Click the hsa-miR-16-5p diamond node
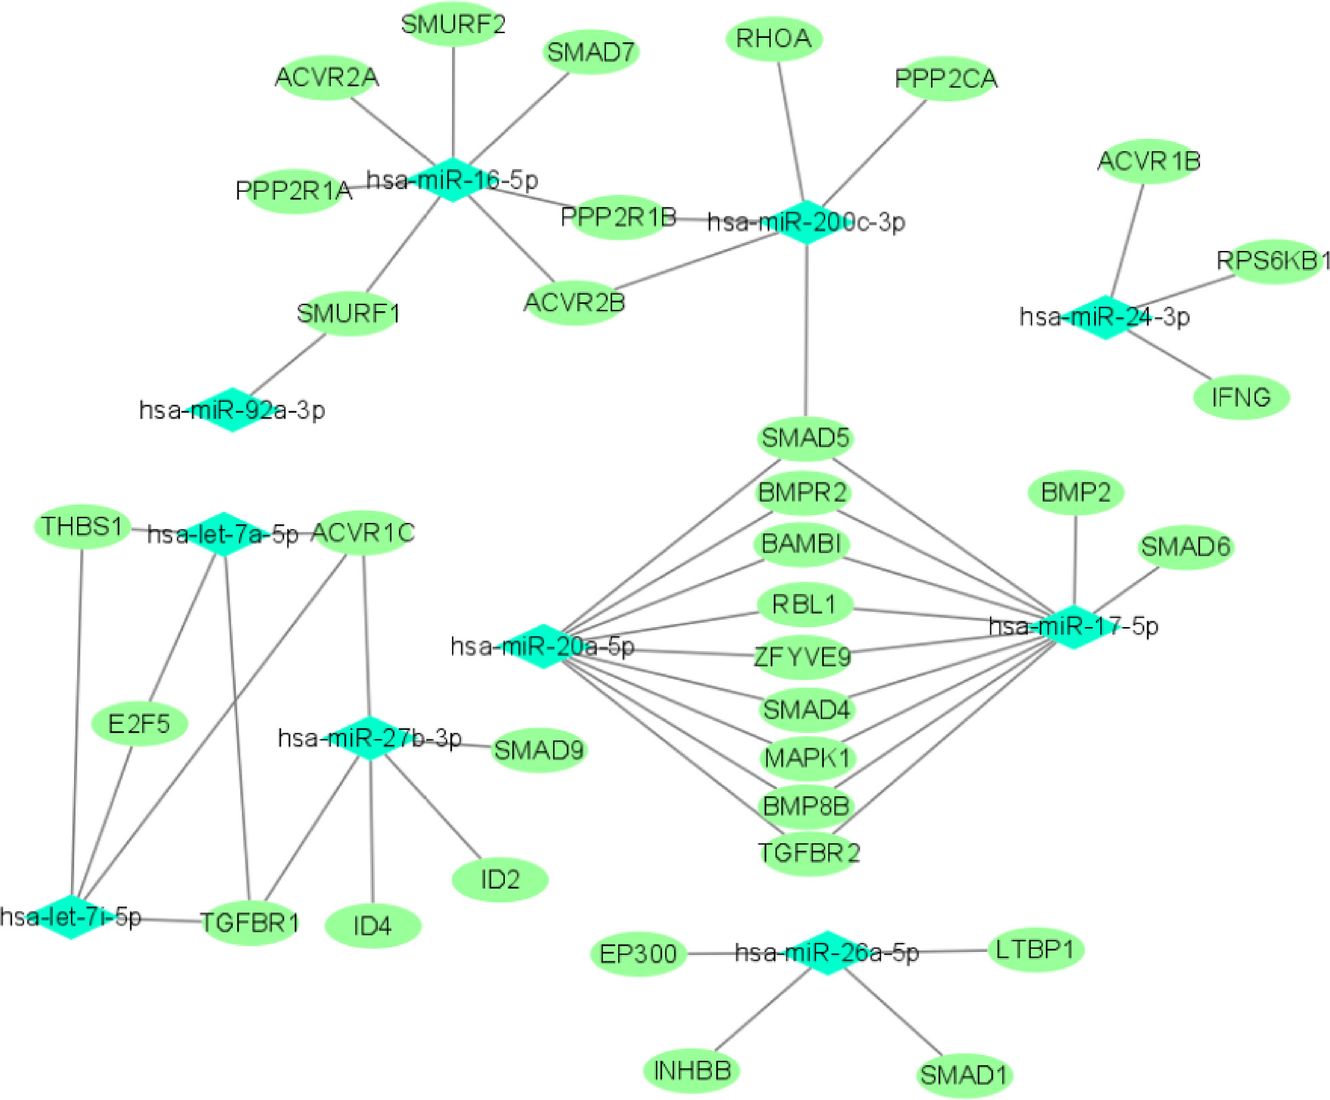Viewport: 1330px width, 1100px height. pyautogui.click(x=453, y=180)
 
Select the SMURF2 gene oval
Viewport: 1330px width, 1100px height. pyautogui.click(x=453, y=25)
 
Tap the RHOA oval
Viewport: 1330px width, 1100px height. pyautogui.click(x=773, y=39)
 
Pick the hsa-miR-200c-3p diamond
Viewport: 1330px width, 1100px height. pyautogui.click(x=806, y=222)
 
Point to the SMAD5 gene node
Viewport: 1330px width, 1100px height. pyautogui.click(x=804, y=438)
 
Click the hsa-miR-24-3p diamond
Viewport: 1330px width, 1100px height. pyautogui.click(x=1105, y=317)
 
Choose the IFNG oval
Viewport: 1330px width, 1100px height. pyautogui.click(x=1241, y=397)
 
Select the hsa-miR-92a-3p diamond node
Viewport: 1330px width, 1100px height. pyautogui.click(x=232, y=409)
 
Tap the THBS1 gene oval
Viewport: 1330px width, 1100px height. pyautogui.click(x=82, y=526)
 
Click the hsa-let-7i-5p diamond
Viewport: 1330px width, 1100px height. pyautogui.click(x=71, y=917)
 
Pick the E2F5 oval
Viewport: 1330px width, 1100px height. pyautogui.click(x=139, y=724)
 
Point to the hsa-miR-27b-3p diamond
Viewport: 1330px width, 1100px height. pyautogui.click(x=370, y=737)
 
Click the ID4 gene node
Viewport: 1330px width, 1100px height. pyautogui.click(x=373, y=925)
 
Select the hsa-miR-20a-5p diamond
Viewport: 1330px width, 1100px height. pyautogui.click(x=543, y=646)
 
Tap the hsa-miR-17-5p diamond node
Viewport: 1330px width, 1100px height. pyautogui.click(x=1073, y=626)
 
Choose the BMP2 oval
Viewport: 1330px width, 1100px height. pyautogui.click(x=1075, y=492)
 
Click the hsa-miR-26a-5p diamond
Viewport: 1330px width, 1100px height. pyautogui.click(x=827, y=953)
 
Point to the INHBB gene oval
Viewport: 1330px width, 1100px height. pyautogui.click(x=691, y=1070)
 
